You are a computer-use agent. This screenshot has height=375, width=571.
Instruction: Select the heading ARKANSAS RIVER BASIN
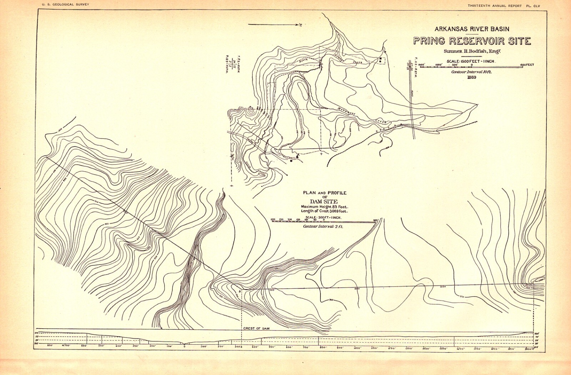[471, 29]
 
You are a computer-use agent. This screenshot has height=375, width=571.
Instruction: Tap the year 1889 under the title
[472, 77]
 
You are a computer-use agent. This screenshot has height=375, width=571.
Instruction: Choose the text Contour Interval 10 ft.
[471, 72]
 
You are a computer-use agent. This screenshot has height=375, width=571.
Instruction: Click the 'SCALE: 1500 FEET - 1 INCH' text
[470, 61]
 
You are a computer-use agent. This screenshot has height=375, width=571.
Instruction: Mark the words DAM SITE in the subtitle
[324, 202]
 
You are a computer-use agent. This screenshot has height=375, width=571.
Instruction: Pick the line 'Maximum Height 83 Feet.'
[324, 207]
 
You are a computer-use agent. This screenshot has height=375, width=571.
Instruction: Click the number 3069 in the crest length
[333, 211]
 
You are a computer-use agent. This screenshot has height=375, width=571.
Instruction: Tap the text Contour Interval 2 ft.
[323, 226]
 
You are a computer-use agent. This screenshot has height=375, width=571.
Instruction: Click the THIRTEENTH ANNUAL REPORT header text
[495, 6]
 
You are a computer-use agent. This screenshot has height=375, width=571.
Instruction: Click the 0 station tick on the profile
[184, 345]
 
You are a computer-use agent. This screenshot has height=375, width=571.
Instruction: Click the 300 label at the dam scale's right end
[375, 220]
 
